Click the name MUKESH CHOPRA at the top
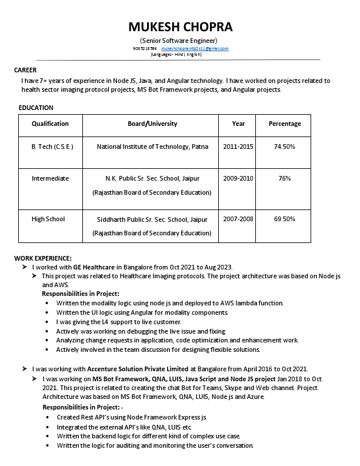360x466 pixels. [x=180, y=27]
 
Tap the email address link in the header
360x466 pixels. [x=195, y=48]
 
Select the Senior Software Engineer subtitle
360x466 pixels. [x=180, y=40]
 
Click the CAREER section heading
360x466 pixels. [x=25, y=70]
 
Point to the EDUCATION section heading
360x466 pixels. [x=36, y=108]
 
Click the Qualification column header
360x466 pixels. [x=50, y=124]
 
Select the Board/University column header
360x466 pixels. [x=152, y=124]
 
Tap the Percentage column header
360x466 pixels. [x=285, y=124]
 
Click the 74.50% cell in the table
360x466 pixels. [x=285, y=147]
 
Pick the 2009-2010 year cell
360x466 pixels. [x=238, y=178]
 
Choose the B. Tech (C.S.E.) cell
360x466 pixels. [x=52, y=147]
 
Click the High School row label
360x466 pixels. [x=48, y=219]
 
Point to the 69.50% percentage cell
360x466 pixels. [x=285, y=219]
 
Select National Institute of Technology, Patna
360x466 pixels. [x=152, y=147]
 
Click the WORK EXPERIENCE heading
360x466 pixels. [x=43, y=258]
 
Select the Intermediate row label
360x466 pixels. [x=50, y=178]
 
